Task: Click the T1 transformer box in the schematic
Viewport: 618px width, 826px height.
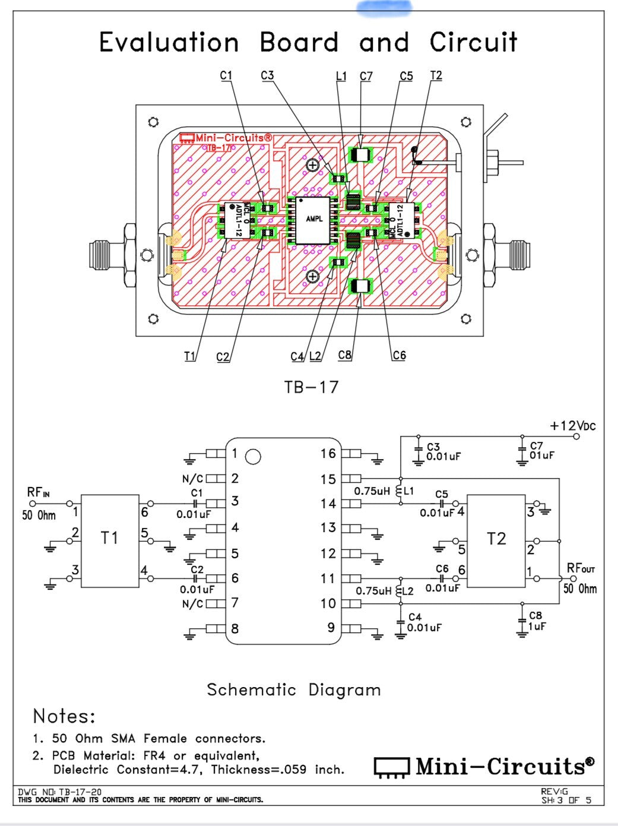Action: (110, 540)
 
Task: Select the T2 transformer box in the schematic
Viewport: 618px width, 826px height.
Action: (496, 540)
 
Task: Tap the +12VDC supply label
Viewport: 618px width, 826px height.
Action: (572, 426)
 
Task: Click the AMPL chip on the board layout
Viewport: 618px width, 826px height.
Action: (314, 219)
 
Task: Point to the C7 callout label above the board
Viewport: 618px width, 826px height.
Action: (366, 76)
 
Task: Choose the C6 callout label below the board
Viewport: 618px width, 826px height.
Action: (399, 355)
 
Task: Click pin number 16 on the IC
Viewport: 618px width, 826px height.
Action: (328, 454)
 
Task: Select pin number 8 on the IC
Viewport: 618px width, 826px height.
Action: (234, 628)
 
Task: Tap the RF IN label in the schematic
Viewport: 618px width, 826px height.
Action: (38, 492)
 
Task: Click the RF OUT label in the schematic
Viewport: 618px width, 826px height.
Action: (580, 568)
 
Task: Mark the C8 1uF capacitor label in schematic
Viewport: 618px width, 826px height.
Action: (536, 621)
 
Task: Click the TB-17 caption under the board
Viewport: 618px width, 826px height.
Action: (311, 387)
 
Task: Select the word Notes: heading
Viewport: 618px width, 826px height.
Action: (64, 716)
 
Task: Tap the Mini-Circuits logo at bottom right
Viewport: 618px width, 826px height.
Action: (484, 767)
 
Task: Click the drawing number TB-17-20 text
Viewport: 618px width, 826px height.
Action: (59, 792)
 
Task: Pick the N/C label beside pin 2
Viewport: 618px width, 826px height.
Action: (192, 479)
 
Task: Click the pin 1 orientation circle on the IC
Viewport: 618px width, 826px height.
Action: (253, 457)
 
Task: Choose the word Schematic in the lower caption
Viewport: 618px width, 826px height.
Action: (251, 690)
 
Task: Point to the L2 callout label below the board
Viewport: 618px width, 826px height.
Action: (315, 356)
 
